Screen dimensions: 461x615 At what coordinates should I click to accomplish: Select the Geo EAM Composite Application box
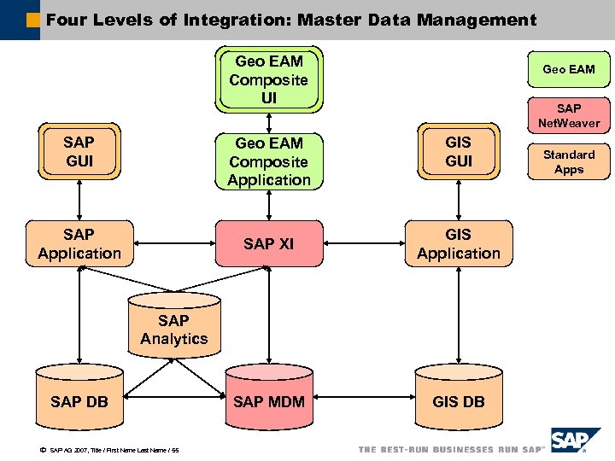point(269,161)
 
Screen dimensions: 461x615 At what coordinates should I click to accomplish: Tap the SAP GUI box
point(79,152)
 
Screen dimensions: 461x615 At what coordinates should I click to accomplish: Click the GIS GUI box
point(459,152)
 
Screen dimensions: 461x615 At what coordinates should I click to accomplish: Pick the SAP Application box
point(79,244)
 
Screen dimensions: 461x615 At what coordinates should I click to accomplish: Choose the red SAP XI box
point(268,244)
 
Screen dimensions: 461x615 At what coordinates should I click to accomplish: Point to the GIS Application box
point(459,244)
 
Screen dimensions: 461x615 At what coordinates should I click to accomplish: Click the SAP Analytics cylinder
point(174,330)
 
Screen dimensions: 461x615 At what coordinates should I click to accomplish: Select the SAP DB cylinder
point(79,400)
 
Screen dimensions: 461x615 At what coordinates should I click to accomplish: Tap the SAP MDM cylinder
point(268,400)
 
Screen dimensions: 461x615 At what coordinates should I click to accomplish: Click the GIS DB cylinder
point(459,400)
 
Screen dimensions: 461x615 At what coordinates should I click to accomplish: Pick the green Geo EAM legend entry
point(569,69)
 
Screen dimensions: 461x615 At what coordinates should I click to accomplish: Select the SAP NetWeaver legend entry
point(569,115)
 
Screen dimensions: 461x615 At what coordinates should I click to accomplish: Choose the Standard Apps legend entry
point(569,161)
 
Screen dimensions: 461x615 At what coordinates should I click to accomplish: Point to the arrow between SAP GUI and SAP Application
point(79,201)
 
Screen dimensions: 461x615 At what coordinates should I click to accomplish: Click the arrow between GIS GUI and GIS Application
point(459,201)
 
